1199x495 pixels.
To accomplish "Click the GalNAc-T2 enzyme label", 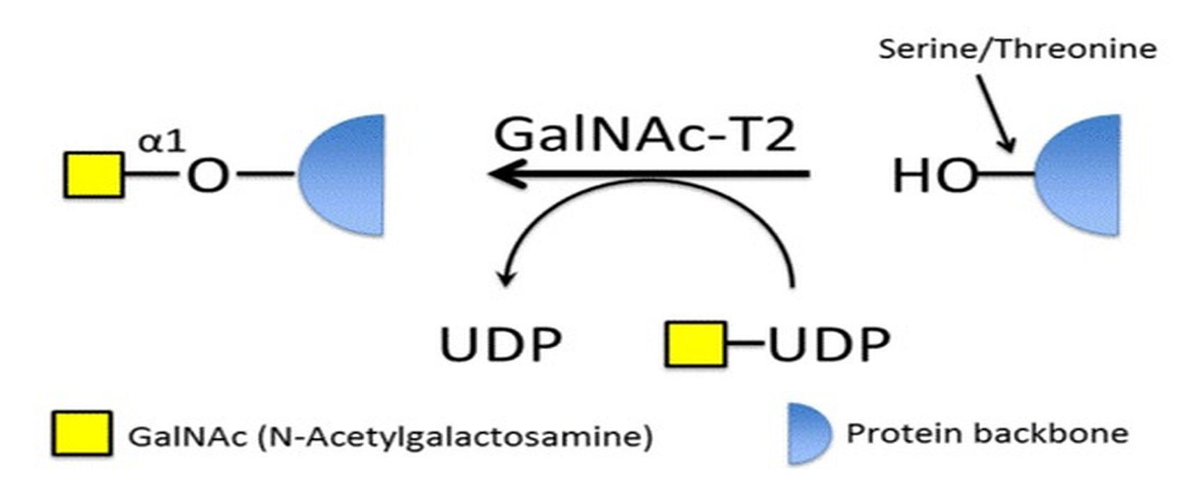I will pos(644,134).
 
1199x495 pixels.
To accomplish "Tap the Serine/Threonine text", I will pos(1017,49).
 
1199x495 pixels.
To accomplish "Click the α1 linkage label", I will pos(162,141).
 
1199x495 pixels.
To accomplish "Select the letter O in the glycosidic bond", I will pos(208,176).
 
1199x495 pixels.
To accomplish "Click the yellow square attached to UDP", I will pos(695,343).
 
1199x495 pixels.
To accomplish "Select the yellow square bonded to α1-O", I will pos(94,175).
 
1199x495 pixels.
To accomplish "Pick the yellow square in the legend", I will pos(82,434).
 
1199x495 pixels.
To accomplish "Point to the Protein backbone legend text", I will pos(987,433).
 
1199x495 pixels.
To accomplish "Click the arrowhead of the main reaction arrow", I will pos(504,174).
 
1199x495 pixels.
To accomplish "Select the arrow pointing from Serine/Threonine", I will pos(995,113).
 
